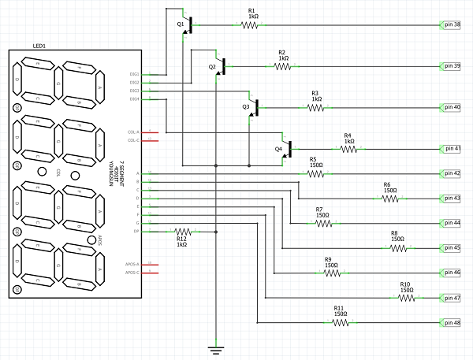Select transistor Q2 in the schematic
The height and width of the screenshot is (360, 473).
[222, 66]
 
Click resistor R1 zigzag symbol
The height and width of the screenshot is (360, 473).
[251, 25]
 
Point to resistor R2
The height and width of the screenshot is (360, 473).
[282, 66]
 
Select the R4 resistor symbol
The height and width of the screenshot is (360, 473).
[348, 148]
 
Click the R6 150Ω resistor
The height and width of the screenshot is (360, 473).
[390, 199]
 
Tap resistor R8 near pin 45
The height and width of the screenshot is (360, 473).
[397, 248]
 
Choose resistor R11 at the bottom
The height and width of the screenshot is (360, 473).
[340, 322]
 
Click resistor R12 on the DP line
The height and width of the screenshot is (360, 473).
[182, 232]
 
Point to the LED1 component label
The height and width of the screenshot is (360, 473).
[40, 46]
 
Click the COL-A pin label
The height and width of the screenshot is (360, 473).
[132, 132]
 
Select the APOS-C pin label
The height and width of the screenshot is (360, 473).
[132, 273]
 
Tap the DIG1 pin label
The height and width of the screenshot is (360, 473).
[134, 74]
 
